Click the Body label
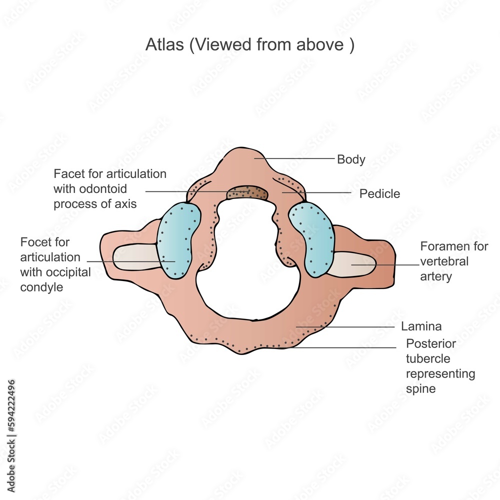click(351, 160)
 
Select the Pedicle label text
click(379, 194)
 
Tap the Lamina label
click(421, 327)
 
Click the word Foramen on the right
click(445, 246)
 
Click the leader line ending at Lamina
click(350, 327)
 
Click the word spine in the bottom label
click(420, 388)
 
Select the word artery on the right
click(436, 276)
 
